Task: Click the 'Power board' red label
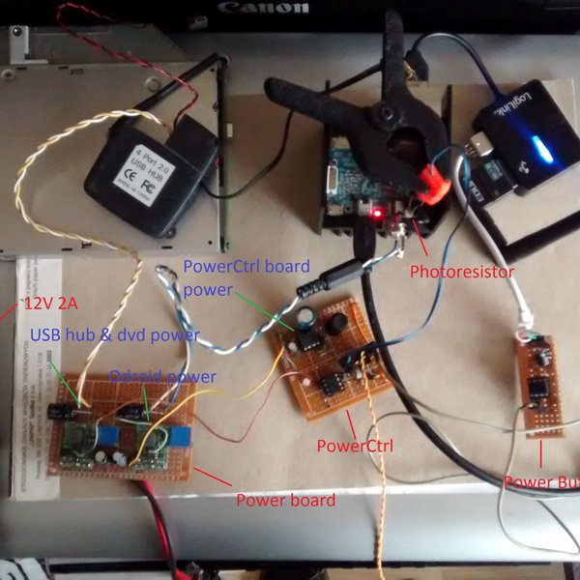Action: pyautogui.click(x=285, y=500)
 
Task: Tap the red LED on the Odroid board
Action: pyautogui.click(x=375, y=212)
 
